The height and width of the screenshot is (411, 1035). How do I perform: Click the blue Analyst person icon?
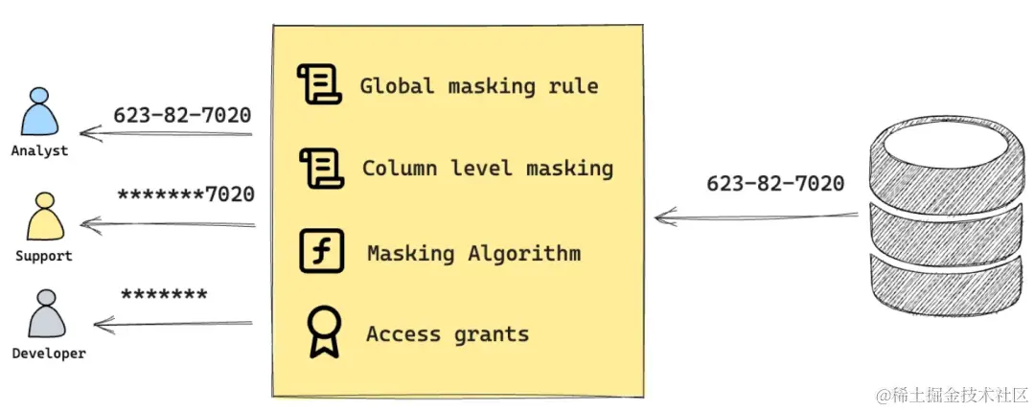(39, 113)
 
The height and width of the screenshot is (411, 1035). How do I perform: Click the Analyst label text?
(39, 150)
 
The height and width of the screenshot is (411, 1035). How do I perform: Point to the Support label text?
(43, 256)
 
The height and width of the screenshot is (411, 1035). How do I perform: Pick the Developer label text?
(48, 353)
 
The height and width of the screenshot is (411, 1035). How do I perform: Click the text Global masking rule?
(478, 86)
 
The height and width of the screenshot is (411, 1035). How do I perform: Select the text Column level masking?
(487, 169)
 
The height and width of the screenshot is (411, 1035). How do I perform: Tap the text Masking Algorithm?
(473, 254)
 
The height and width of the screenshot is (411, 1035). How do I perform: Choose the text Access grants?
(447, 334)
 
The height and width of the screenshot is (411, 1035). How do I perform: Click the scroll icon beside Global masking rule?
(319, 85)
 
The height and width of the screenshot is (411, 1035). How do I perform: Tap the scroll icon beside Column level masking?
(320, 169)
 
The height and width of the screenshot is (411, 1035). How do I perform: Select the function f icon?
(320, 252)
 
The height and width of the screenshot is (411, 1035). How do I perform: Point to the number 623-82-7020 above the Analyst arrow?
(182, 115)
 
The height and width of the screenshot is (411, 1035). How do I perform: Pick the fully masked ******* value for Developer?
(164, 295)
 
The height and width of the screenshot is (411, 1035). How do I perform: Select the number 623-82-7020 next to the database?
(775, 183)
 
